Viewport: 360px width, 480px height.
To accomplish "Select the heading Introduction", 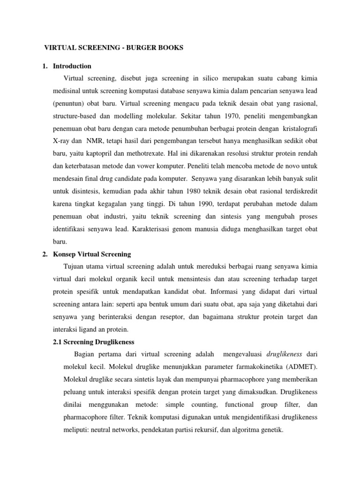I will point(72,66).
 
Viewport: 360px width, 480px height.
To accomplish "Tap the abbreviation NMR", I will point(96,140).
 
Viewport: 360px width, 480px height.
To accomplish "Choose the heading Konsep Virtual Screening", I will point(92,254).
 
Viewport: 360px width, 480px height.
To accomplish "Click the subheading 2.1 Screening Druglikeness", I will point(94,342).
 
